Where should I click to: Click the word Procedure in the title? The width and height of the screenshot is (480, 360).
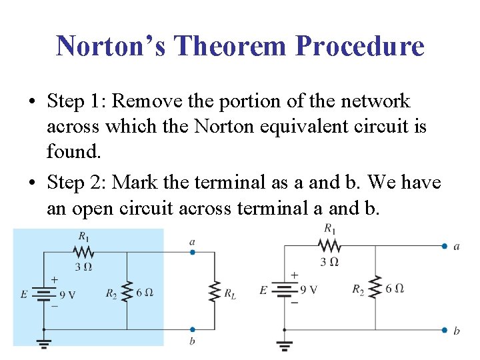point(359,46)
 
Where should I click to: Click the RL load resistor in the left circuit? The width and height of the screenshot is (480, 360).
point(215,291)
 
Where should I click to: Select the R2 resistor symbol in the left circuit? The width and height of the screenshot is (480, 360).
point(127,291)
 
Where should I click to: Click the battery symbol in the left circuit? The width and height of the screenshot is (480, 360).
point(44,293)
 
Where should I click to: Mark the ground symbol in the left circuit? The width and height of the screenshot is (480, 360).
point(44,342)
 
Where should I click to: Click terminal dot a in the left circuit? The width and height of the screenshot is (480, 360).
point(192,252)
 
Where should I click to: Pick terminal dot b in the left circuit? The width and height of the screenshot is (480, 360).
point(192,329)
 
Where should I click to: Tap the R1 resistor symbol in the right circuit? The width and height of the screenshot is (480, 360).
point(329,246)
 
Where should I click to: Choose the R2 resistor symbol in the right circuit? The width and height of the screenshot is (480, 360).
point(375,288)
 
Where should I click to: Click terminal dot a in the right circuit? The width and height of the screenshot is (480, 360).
point(444,246)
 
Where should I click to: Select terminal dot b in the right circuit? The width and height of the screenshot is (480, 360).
point(444,330)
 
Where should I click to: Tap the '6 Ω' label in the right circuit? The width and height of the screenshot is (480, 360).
point(395,288)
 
